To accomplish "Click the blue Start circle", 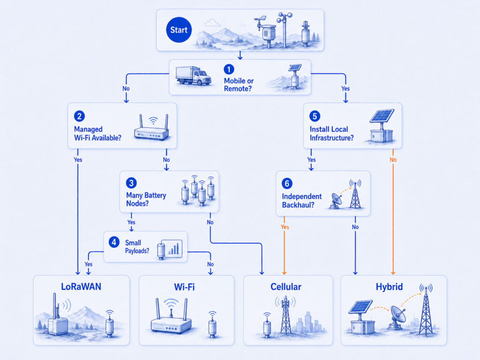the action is pos(179,30).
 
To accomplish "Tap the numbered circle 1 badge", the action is pos(229,69).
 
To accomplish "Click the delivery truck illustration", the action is pos(194,75).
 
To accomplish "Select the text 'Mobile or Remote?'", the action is pos(239,85).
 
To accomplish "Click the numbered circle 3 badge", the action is pos(131,183).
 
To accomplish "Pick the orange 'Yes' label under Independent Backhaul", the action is pos(285,227).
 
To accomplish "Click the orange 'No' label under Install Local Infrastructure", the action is pos(393,160).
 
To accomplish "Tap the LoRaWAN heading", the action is pos(81,286).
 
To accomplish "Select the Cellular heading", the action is pos(286,287).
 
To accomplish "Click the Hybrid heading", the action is pos(389,287).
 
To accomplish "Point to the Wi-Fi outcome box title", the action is pos(184,287).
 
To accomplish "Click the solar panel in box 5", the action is pos(382,116).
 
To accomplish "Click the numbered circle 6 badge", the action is pos(287,183).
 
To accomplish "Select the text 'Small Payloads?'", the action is pos(137,247).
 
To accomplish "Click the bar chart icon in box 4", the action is pos(172,248).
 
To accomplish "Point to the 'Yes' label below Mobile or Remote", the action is pos(345,89).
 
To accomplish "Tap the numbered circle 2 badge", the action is pos(79,116).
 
